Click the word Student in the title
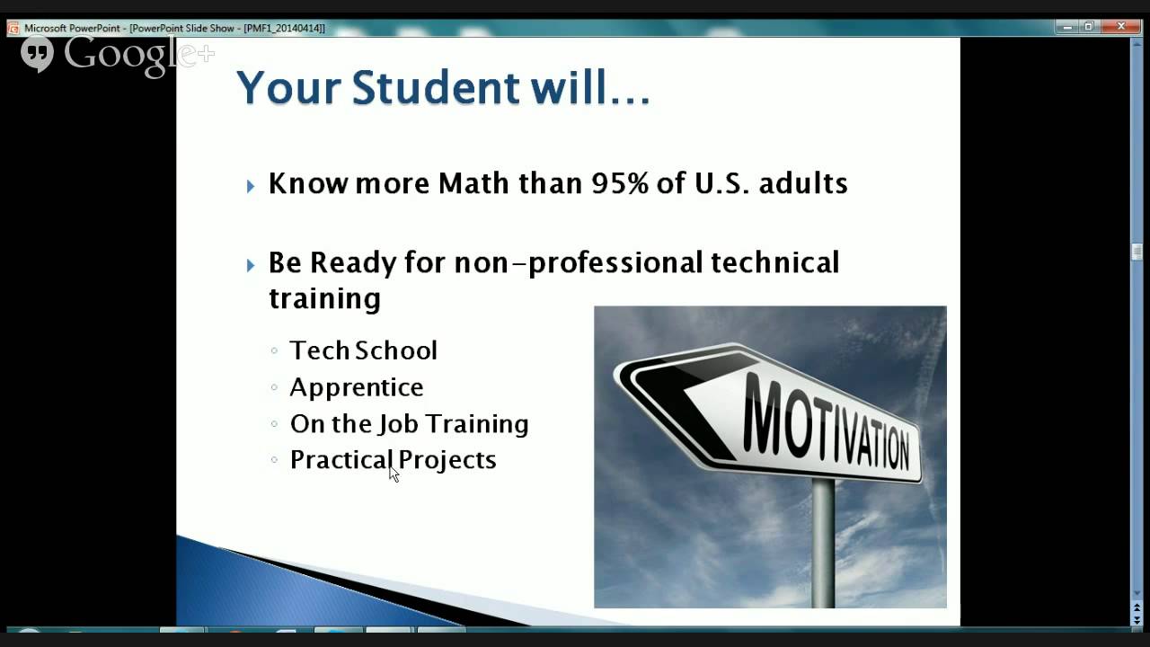436,88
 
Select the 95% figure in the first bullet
617,183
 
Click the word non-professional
578,262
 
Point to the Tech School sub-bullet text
363,350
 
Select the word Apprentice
356,387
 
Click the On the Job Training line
409,423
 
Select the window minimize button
1067,27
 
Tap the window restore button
1089,27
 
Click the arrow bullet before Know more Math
251,186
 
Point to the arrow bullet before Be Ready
251,265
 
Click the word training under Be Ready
324,298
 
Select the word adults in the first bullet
802,183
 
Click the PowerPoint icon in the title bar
13,28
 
